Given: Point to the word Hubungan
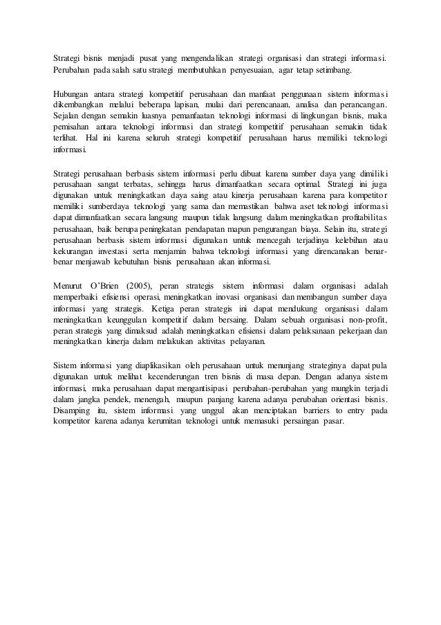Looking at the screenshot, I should coord(73,93).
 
